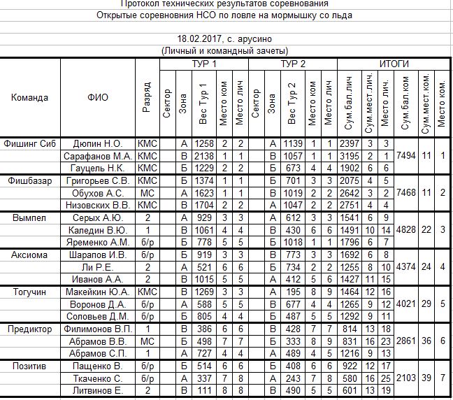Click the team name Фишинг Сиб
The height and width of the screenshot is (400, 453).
(29, 143)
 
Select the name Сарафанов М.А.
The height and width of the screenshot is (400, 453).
(98, 155)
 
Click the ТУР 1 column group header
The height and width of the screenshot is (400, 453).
(203, 64)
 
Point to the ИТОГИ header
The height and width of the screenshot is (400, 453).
(394, 64)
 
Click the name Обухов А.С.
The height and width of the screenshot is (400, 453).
(98, 193)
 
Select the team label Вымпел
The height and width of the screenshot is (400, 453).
(29, 217)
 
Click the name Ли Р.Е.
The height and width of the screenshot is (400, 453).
(98, 267)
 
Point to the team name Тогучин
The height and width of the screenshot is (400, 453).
(29, 292)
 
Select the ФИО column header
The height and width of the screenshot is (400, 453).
(98, 97)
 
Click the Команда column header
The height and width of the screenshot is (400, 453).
(30, 97)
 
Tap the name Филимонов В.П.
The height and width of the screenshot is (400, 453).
(98, 329)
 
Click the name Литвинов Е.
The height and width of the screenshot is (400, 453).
(98, 391)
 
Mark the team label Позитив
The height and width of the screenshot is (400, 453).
(29, 366)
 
